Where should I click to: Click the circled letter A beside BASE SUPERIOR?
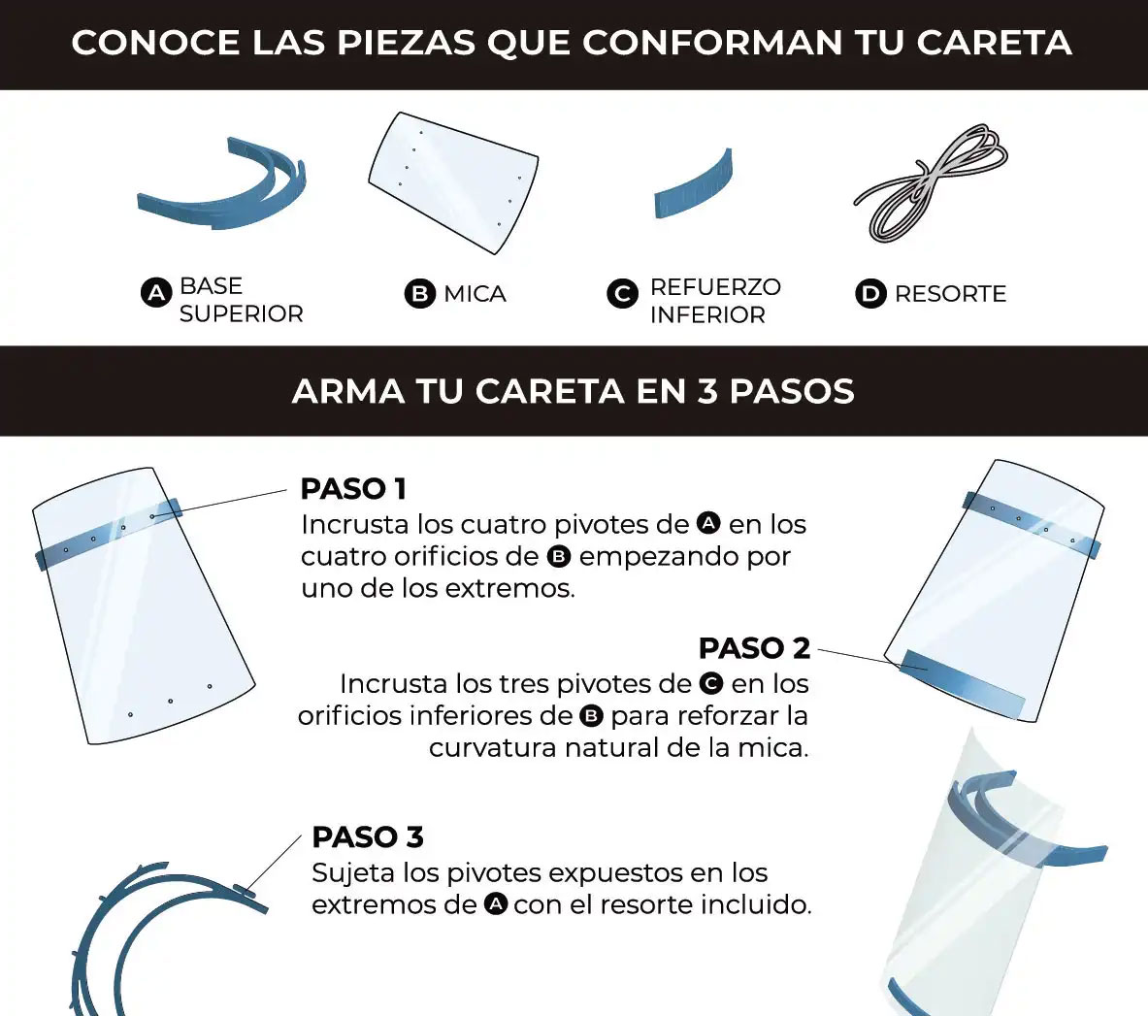click(156, 293)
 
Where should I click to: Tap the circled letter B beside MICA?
click(420, 293)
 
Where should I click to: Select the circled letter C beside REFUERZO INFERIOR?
click(622, 293)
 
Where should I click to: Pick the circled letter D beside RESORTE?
click(870, 293)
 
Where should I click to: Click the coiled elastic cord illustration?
click(930, 183)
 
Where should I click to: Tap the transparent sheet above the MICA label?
click(454, 183)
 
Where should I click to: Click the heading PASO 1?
click(353, 489)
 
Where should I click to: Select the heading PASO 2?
click(754, 648)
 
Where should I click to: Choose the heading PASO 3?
click(368, 836)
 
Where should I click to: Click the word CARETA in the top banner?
click(995, 43)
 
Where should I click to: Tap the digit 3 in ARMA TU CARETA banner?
click(707, 391)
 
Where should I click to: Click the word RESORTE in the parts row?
click(950, 293)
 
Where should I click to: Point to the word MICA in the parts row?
click(476, 293)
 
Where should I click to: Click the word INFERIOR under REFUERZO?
click(708, 314)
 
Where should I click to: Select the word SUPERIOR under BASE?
click(242, 313)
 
